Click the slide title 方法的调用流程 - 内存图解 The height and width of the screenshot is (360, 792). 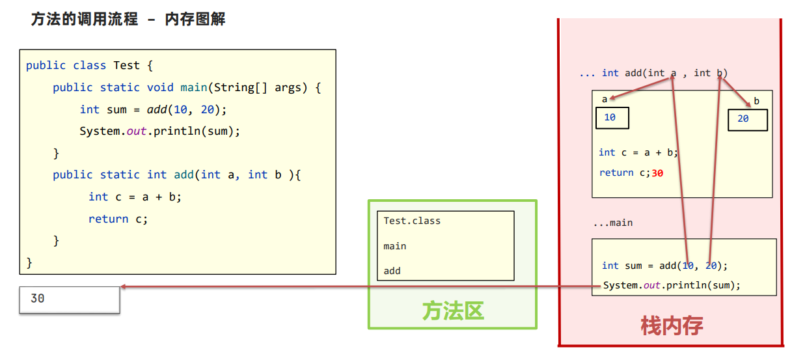[x=128, y=19]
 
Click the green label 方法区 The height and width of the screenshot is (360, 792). [x=453, y=311]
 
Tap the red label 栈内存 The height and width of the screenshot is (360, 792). [x=672, y=325]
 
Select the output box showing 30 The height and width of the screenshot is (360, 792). [x=70, y=299]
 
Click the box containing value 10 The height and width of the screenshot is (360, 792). [x=612, y=118]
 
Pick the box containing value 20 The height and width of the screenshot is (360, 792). [x=748, y=120]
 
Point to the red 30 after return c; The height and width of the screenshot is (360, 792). [x=657, y=173]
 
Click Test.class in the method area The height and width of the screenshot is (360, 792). [x=412, y=221]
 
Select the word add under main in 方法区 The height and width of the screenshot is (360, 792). [x=392, y=271]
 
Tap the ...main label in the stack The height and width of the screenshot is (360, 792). [x=613, y=223]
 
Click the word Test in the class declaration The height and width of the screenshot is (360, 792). [x=126, y=65]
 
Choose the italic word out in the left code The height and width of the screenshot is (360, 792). [x=137, y=132]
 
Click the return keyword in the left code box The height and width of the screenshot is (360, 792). [x=108, y=219]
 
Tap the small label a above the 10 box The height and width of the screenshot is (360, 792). [x=605, y=100]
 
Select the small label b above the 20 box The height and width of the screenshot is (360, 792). [x=756, y=101]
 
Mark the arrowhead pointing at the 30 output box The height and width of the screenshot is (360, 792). [x=124, y=286]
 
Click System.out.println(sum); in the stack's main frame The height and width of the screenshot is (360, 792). [x=672, y=285]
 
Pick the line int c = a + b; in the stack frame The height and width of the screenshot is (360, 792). [x=638, y=152]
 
